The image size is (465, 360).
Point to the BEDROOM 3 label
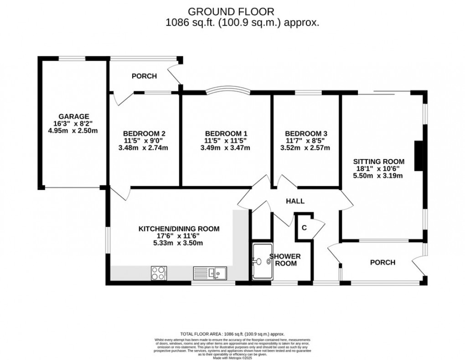305,134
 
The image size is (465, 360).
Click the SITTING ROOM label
379,161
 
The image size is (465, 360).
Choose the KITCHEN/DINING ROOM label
179,229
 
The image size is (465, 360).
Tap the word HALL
295,201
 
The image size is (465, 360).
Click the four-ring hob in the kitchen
159,273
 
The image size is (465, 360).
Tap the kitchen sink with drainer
210,273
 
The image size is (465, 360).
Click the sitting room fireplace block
417,155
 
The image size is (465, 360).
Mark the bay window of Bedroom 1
227,90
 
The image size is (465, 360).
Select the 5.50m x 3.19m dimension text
379,175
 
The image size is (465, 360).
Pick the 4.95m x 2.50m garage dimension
73,130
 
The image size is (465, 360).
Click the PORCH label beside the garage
144,76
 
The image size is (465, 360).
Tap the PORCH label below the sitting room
382,262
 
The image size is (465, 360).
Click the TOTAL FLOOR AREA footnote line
232,334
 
